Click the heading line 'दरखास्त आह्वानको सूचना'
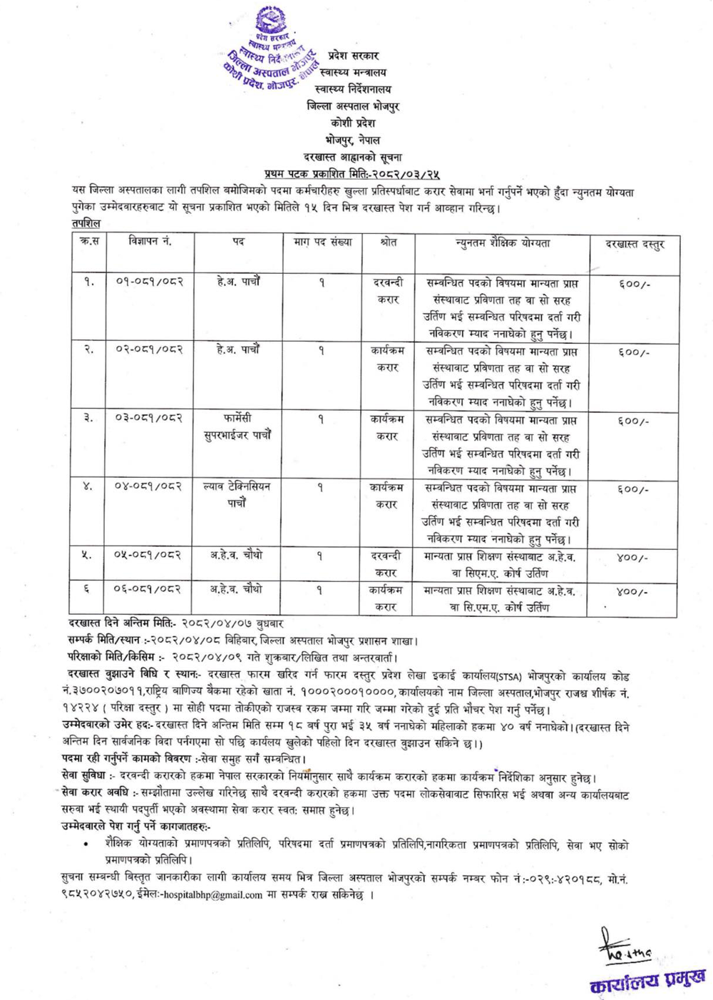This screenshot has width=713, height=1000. click(352, 157)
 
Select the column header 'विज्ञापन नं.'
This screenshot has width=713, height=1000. click(150, 242)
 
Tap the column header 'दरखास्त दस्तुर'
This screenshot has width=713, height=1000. click(634, 244)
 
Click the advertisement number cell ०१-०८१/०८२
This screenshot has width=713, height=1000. click(150, 282)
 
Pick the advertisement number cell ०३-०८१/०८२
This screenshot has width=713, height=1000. click(150, 419)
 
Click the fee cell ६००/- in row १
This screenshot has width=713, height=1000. click(633, 284)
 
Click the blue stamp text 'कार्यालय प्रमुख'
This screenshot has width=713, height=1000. click(647, 980)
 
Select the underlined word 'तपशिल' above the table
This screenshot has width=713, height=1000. click(86, 223)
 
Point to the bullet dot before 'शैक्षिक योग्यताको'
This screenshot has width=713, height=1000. click(86, 844)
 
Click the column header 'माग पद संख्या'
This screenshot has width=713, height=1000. click(322, 242)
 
